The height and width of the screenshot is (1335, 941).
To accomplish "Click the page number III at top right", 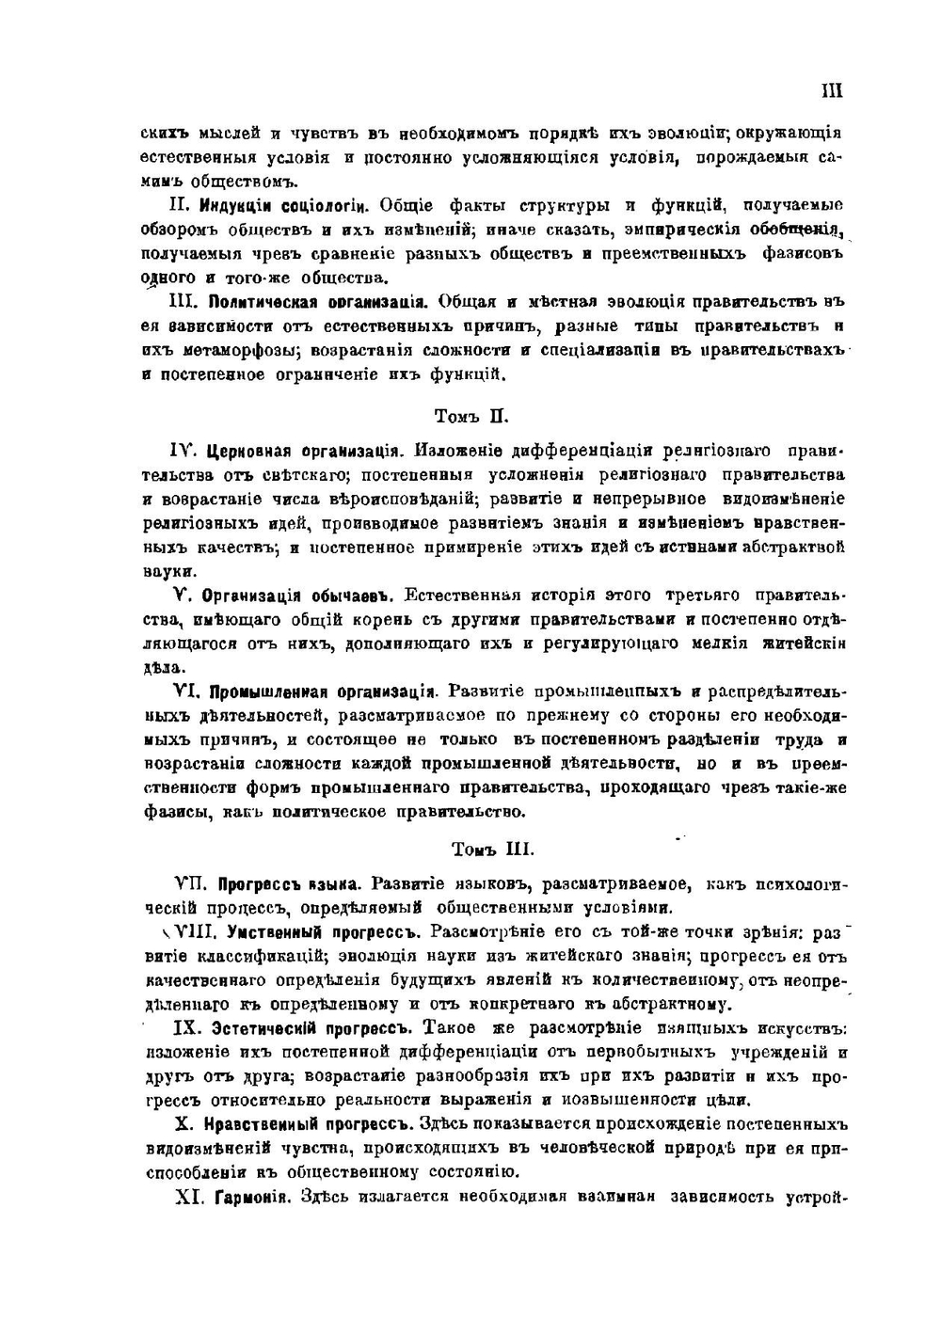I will coord(831,91).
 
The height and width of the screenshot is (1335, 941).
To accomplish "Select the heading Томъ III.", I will coord(492,849).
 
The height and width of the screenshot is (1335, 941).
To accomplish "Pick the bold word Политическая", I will coord(260,303).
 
